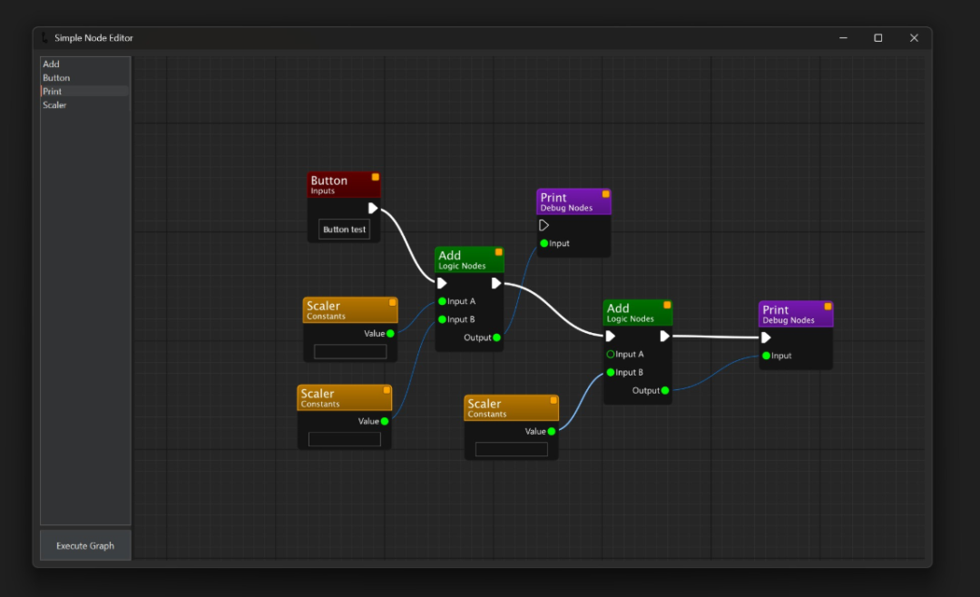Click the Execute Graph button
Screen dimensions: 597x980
click(85, 545)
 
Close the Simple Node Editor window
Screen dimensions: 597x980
click(914, 38)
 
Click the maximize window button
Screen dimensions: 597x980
click(877, 38)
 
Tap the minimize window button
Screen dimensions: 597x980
click(843, 38)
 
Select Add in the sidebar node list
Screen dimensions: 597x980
click(52, 64)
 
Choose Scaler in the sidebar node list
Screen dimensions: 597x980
click(54, 105)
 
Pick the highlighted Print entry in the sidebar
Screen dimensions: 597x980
click(53, 92)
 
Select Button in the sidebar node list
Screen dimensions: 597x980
click(56, 78)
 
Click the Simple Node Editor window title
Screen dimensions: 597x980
click(93, 38)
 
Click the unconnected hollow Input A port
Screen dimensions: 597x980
click(611, 354)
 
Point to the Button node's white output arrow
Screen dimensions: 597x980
click(373, 208)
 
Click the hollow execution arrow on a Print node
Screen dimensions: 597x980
click(544, 225)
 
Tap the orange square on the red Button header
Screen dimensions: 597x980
click(376, 177)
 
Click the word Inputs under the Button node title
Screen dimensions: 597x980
click(322, 191)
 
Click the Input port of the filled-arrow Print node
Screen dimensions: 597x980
click(766, 356)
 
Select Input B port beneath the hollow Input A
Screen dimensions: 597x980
click(611, 372)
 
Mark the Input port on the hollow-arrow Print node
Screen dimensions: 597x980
click(544, 243)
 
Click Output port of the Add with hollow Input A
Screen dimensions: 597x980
click(665, 390)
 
